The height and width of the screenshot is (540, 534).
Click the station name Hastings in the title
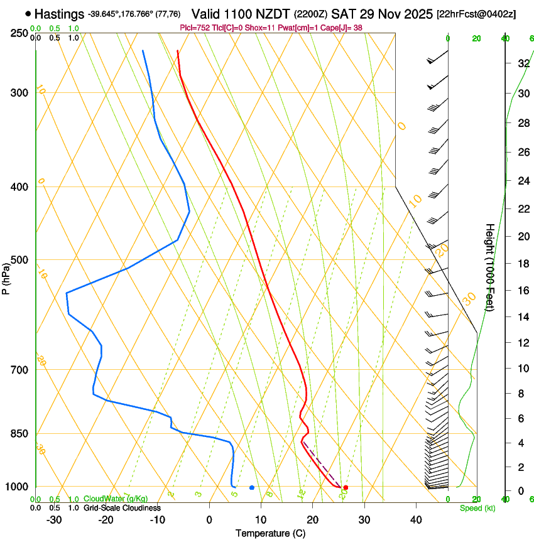pos(60,14)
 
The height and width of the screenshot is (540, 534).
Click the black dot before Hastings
pos(28,14)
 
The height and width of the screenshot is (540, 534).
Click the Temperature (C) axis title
pos(270,533)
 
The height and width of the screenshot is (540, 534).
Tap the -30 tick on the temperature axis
pos(53,520)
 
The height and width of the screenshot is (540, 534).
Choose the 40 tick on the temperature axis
pos(415,520)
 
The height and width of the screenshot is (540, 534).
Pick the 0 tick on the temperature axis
pos(209,520)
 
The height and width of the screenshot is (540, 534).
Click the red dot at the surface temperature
pos(346,487)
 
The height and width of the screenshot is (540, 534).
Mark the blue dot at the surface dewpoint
pos(251,487)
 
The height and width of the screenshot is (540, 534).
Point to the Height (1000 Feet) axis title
pos(490,267)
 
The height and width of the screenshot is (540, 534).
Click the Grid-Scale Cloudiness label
pos(122,508)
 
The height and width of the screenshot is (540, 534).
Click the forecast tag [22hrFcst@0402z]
pos(476,14)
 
